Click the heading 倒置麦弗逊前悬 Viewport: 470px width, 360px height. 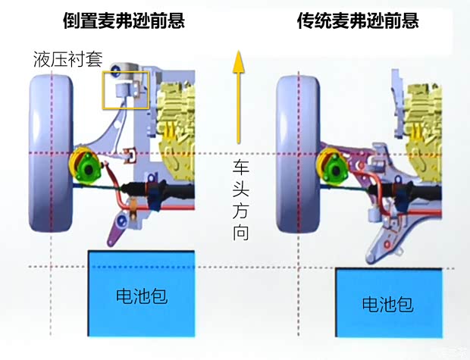click(x=124, y=20)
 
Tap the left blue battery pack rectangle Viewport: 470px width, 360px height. click(x=141, y=293)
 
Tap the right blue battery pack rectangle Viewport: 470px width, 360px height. click(x=388, y=304)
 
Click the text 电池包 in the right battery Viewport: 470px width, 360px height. click(x=387, y=305)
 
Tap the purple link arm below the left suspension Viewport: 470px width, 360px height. click(x=114, y=230)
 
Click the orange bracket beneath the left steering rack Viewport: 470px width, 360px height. click(x=131, y=204)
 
